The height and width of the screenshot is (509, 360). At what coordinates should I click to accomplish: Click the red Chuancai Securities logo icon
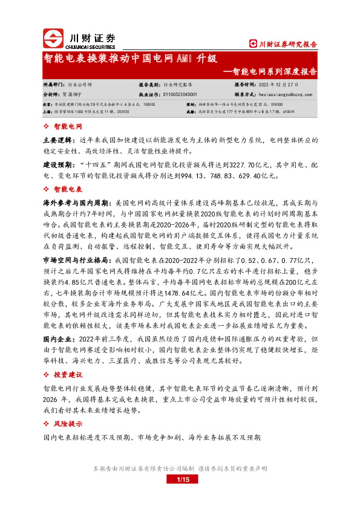coord(53,38)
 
